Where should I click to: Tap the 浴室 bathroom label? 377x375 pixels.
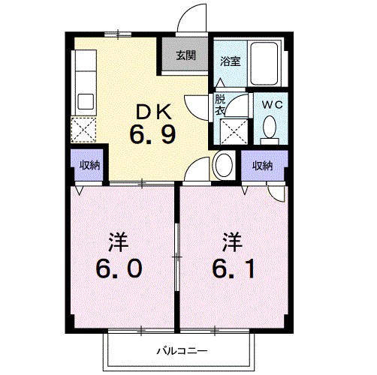[x=230, y=62]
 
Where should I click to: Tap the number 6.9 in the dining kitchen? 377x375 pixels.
[x=155, y=137]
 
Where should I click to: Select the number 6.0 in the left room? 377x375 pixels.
[x=117, y=268]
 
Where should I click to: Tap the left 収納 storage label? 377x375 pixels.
[x=90, y=165]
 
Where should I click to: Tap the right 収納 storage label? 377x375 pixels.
[x=262, y=165]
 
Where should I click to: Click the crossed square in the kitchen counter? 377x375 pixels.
[x=83, y=129]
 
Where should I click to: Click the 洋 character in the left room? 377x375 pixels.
[x=116, y=242]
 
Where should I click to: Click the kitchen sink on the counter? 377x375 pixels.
[x=83, y=100]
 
